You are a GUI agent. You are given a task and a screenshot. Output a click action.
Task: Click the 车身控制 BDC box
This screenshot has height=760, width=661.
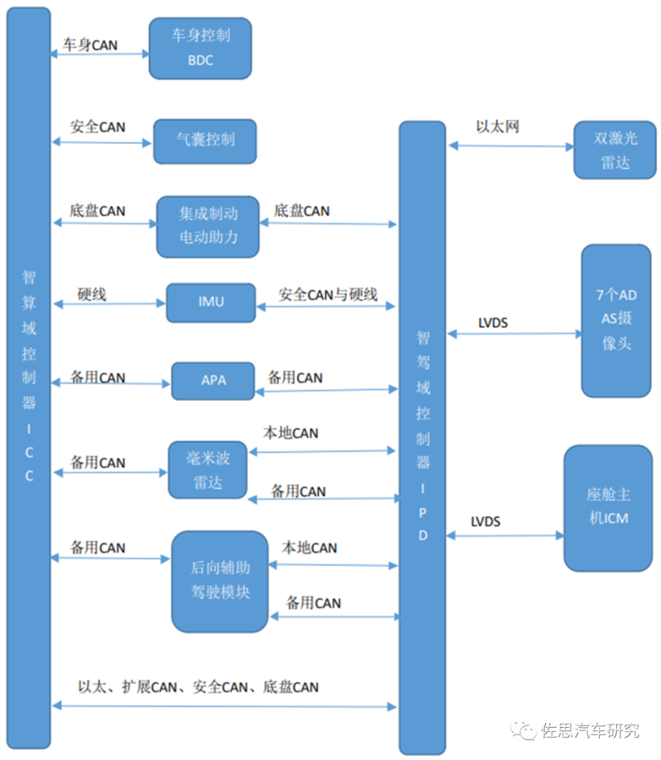(x=200, y=48)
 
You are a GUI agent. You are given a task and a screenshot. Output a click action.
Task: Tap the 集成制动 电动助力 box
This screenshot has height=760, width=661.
(x=208, y=226)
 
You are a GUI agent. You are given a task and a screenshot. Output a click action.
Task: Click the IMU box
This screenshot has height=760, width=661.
(x=210, y=302)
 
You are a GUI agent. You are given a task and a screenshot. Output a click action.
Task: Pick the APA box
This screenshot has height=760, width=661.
(x=213, y=381)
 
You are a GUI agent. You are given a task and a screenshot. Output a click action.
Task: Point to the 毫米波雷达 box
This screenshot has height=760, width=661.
(x=207, y=470)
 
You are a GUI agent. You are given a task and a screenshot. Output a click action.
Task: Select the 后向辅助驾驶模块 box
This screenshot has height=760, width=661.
(x=220, y=581)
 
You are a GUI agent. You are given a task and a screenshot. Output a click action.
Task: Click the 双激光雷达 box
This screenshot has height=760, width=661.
(x=615, y=151)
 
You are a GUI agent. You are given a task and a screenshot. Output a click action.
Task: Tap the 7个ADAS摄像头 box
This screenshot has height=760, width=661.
(x=616, y=320)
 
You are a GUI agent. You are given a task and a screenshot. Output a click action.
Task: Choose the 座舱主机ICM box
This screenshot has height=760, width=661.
(x=608, y=507)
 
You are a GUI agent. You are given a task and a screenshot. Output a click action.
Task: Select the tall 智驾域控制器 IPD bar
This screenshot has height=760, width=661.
(x=422, y=437)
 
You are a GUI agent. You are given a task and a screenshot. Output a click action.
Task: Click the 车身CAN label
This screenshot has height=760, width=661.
(x=90, y=45)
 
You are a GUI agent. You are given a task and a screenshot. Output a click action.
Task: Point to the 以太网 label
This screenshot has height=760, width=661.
(x=497, y=127)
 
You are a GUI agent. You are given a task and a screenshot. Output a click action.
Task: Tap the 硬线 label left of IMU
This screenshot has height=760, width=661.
(x=92, y=294)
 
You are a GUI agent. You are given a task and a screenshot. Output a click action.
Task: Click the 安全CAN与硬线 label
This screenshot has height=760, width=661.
(x=328, y=294)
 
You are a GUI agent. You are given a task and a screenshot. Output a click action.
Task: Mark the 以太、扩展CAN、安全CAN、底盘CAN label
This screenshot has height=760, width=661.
(x=198, y=687)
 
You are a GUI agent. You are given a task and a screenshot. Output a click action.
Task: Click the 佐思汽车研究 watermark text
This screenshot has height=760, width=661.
(x=590, y=730)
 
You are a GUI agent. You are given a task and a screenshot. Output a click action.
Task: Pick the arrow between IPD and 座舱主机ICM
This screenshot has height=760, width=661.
(x=505, y=535)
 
